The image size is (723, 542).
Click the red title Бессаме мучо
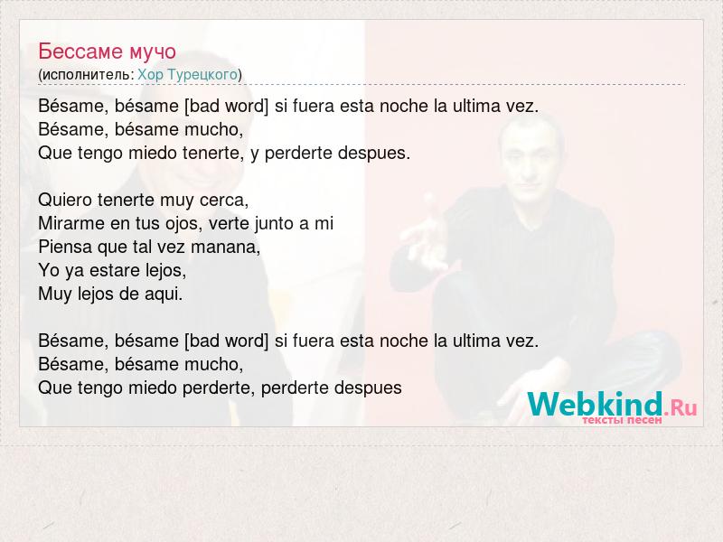(107, 51)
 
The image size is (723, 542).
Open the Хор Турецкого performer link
(187, 74)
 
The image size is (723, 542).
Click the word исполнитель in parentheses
(87, 75)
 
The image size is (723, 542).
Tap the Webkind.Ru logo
(612, 405)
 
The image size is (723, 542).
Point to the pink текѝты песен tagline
(622, 420)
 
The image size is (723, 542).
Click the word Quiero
(64, 200)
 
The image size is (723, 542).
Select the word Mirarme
(71, 223)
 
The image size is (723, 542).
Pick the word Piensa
(65, 247)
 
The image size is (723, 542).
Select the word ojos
(184, 224)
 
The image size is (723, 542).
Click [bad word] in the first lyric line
(226, 107)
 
